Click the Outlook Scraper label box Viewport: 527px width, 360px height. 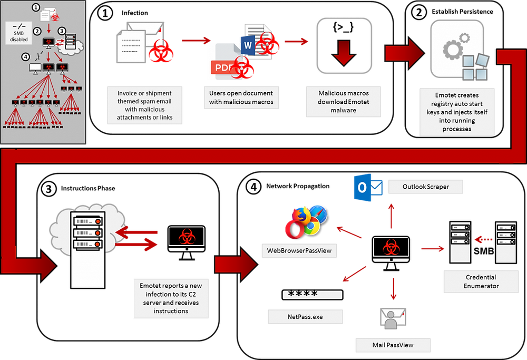[425, 186]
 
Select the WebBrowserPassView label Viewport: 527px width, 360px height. [299, 250]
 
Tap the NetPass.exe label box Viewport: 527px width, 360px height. [306, 317]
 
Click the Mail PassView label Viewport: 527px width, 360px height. [393, 345]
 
